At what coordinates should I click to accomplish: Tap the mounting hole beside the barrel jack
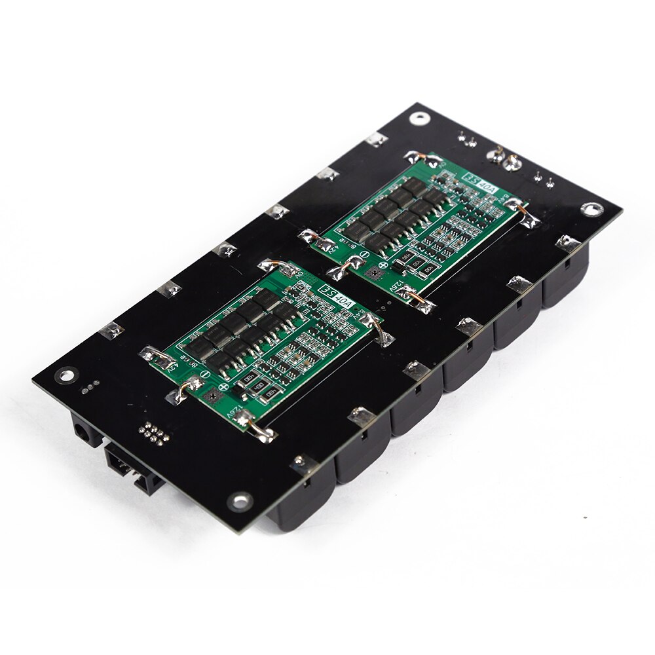(x=66, y=375)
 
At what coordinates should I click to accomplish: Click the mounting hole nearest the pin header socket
(x=240, y=502)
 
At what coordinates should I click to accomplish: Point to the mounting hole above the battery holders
(x=591, y=208)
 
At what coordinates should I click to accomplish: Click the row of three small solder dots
(x=92, y=386)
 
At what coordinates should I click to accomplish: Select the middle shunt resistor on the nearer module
(x=250, y=379)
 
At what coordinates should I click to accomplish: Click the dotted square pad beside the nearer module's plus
(x=212, y=396)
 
